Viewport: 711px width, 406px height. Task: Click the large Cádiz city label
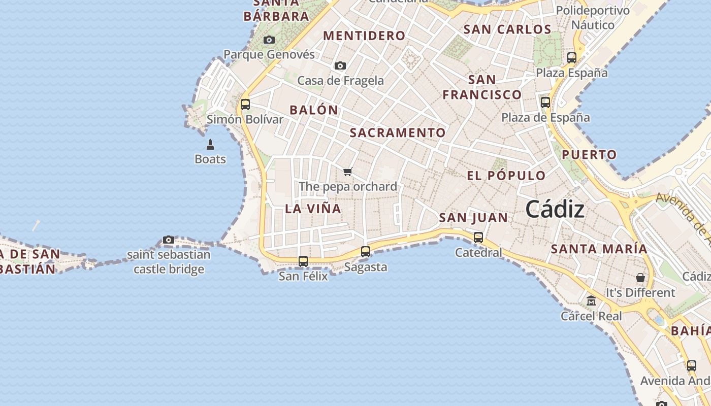(x=555, y=209)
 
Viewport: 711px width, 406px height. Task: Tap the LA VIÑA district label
(x=313, y=209)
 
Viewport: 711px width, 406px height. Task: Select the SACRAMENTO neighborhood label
(x=398, y=133)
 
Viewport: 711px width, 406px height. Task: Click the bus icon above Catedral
(x=478, y=237)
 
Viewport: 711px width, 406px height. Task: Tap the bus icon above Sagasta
(x=365, y=251)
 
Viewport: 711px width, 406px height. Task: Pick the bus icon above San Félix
(x=303, y=261)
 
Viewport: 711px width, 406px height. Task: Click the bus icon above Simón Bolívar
(x=245, y=105)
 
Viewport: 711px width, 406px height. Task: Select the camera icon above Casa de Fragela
(x=340, y=65)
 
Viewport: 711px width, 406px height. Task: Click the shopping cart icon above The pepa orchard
(x=348, y=172)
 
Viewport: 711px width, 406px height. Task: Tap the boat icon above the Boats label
(x=210, y=145)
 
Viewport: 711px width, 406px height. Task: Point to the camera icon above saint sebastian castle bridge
(x=169, y=240)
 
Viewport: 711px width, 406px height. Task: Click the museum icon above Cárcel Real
(x=591, y=301)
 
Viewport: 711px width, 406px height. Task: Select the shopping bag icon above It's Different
(x=640, y=278)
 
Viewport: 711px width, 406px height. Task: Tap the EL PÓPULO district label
(x=506, y=176)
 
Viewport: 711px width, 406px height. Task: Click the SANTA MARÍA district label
(x=599, y=249)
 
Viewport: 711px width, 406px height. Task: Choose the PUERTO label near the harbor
(x=589, y=155)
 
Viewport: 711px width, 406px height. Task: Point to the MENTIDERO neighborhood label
(x=364, y=36)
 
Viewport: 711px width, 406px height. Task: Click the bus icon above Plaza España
(x=572, y=57)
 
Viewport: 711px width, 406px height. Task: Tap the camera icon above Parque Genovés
(x=269, y=40)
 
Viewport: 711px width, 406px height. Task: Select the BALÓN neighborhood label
(x=313, y=110)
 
